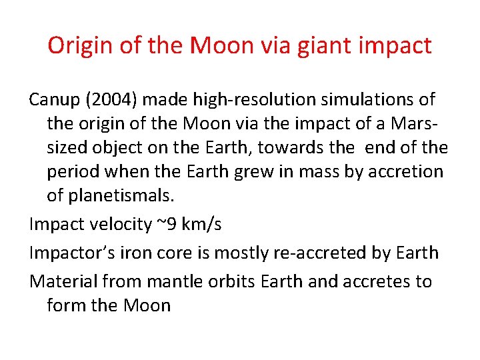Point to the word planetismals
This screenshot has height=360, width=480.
(121, 195)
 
